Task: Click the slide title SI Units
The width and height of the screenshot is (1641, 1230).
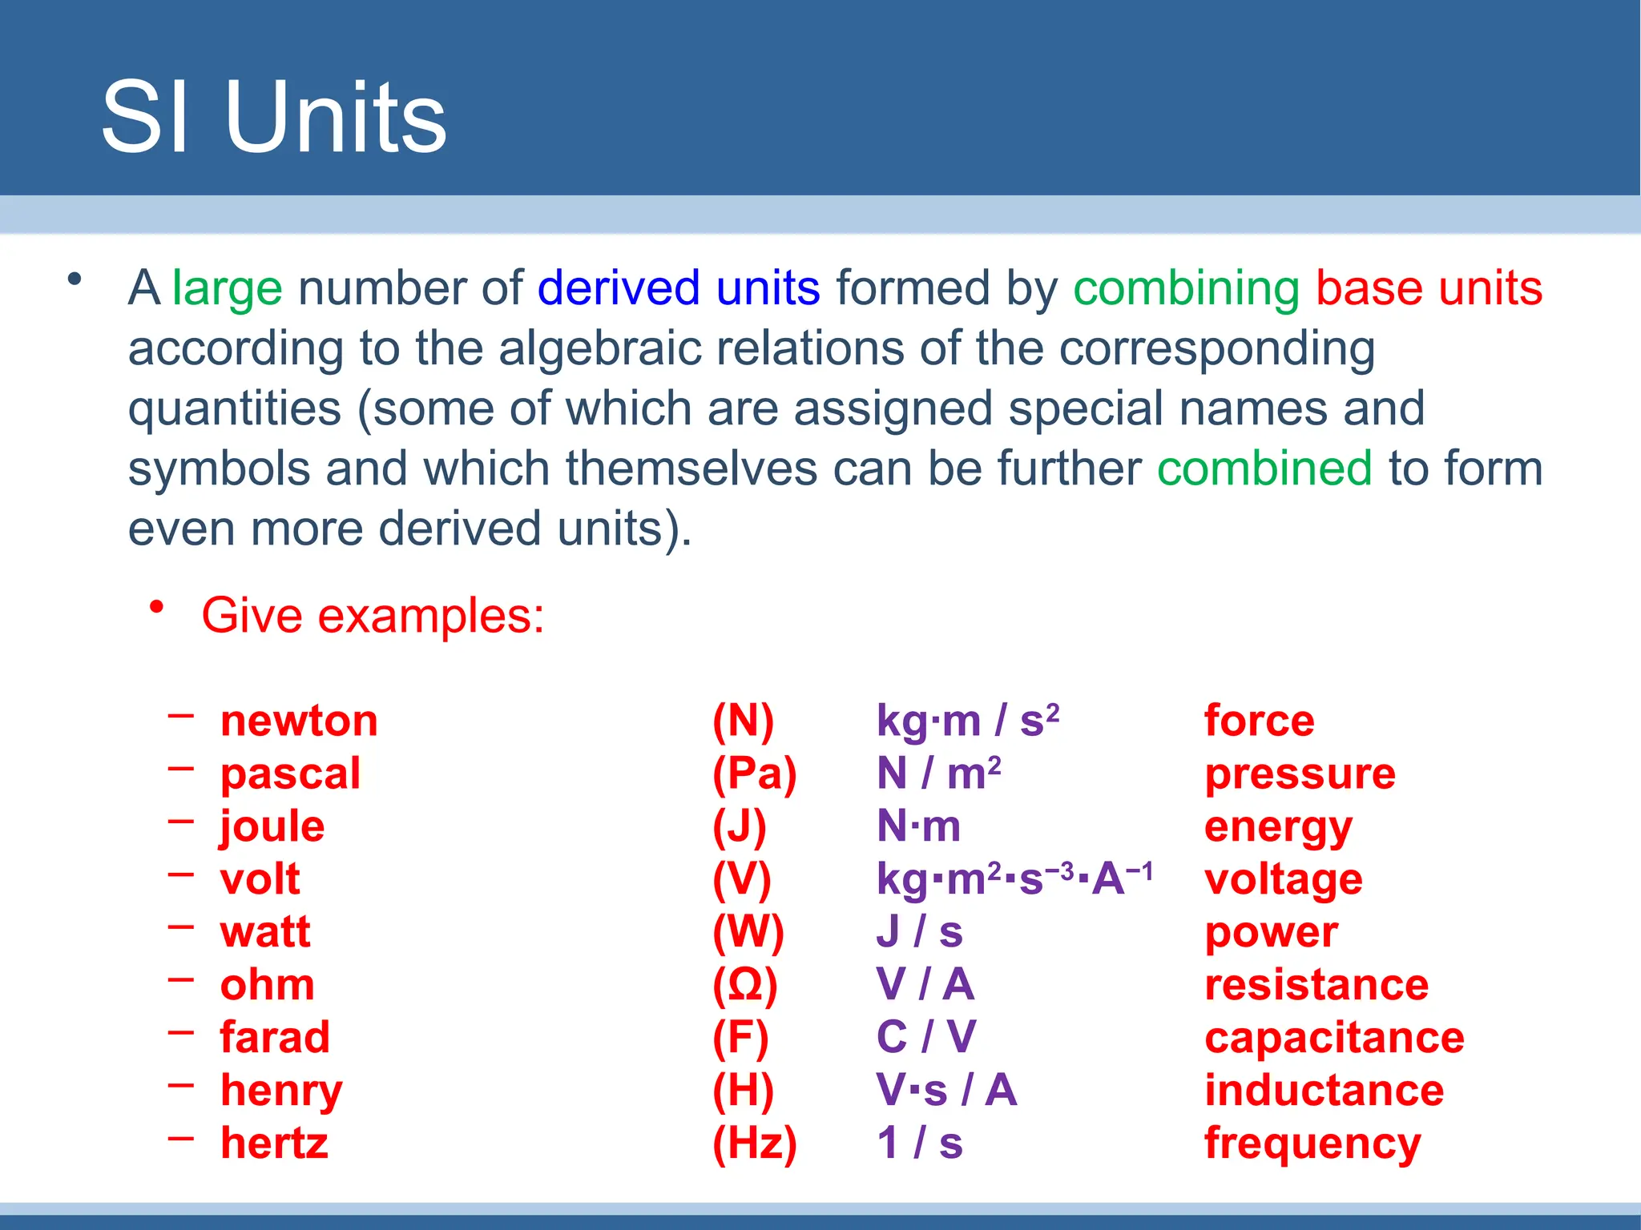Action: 273,118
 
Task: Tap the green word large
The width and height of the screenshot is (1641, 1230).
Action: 227,288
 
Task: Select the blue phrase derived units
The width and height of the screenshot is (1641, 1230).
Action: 678,288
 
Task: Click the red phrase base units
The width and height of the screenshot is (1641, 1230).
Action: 1429,288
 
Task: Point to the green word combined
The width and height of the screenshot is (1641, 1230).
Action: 1264,468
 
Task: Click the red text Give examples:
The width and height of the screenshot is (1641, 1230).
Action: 373,616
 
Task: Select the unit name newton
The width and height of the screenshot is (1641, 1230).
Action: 299,721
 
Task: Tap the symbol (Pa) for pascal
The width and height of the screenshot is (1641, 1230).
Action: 755,774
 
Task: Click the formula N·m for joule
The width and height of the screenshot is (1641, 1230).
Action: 918,826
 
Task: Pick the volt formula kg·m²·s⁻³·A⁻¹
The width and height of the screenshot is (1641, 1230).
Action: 1014,879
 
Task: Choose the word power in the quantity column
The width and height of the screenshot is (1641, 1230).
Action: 1271,932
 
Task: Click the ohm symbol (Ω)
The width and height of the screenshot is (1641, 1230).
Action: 745,985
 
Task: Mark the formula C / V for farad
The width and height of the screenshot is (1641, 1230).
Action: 926,1038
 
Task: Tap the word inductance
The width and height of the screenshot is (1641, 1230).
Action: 1324,1091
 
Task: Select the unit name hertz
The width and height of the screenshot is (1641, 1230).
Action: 274,1144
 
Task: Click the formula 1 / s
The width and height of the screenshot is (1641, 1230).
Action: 920,1144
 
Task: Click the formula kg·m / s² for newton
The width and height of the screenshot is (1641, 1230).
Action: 968,721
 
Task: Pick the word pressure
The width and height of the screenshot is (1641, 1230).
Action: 1300,774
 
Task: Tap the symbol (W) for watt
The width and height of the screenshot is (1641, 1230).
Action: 748,932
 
